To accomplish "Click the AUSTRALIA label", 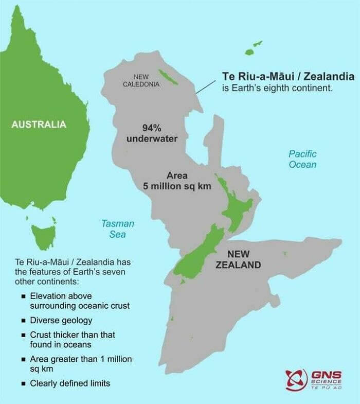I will (39, 124).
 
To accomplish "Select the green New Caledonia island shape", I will (168, 77).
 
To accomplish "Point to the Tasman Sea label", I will (117, 229).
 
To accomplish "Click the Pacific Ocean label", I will (302, 159).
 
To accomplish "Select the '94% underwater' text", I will (152, 133).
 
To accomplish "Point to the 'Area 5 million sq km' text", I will (177, 181).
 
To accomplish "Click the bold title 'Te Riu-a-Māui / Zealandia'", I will (288, 77).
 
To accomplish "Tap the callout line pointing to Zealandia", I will (206, 86).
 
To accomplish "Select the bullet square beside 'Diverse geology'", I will (24, 321).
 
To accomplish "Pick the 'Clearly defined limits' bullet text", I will (70, 383).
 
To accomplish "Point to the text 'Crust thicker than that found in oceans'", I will (72, 339).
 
